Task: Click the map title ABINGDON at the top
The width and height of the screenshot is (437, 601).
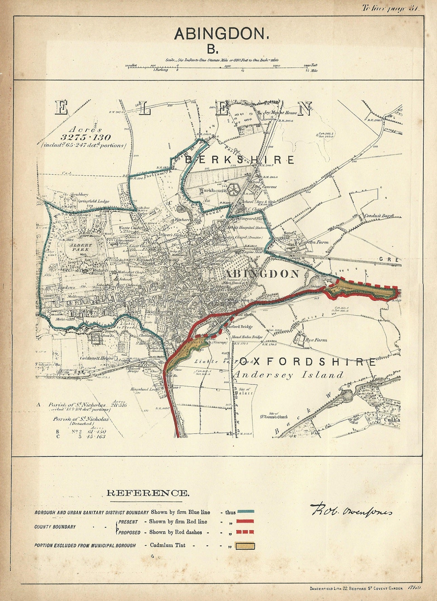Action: [x=221, y=34]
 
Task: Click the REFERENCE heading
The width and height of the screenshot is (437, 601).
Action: [x=147, y=493]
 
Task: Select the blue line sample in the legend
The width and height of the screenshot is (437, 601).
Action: [x=246, y=512]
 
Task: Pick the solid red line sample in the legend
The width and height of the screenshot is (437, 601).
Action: [x=246, y=522]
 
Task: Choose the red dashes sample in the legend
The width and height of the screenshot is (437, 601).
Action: [x=246, y=532]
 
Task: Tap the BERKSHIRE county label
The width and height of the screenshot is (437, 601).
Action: [x=240, y=160]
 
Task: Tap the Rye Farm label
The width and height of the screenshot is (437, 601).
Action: [x=316, y=340]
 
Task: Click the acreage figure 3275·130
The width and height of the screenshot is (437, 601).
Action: [x=86, y=138]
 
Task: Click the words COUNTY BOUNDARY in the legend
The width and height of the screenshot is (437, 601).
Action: [x=55, y=527]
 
